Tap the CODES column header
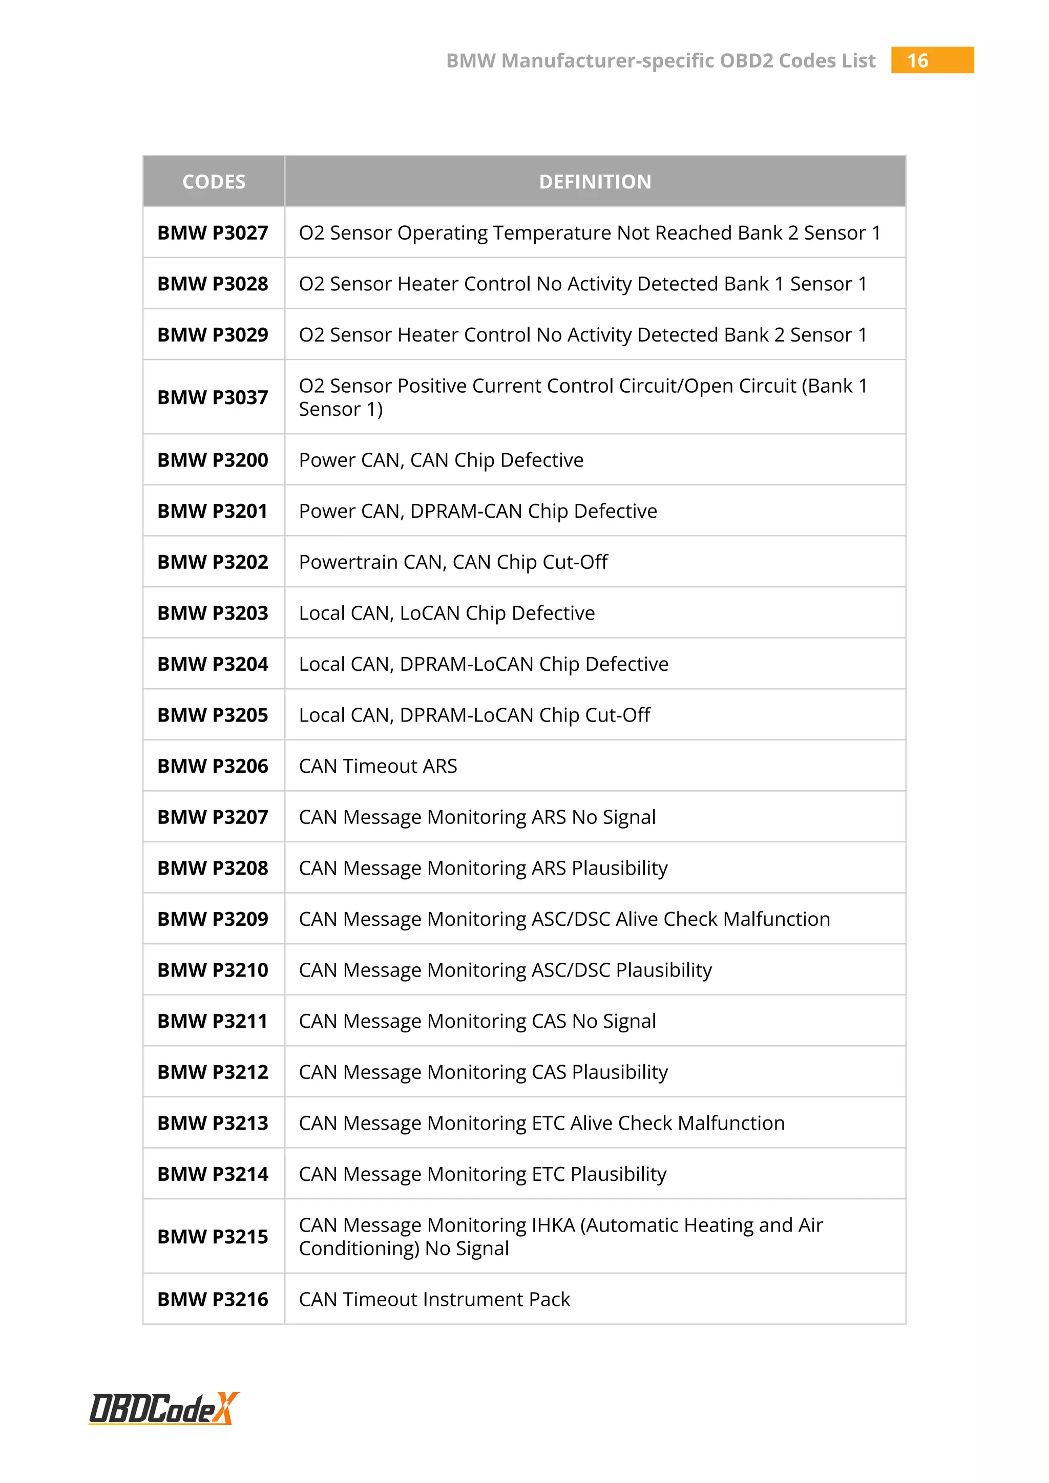coord(214,181)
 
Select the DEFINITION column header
coord(595,181)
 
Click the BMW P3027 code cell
coord(213,232)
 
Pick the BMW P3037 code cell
coord(213,397)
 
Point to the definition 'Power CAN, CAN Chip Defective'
coord(441,460)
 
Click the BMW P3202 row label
coord(213,562)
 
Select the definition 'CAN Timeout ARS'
coord(378,766)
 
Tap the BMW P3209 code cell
coord(213,919)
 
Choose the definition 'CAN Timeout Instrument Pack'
coord(434,1299)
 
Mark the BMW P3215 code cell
coord(213,1236)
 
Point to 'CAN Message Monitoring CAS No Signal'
coord(477,1021)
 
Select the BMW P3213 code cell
coord(213,1123)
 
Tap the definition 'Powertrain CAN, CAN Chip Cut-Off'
coord(453,562)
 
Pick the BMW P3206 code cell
coord(213,766)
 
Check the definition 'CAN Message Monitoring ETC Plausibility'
coord(482,1174)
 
